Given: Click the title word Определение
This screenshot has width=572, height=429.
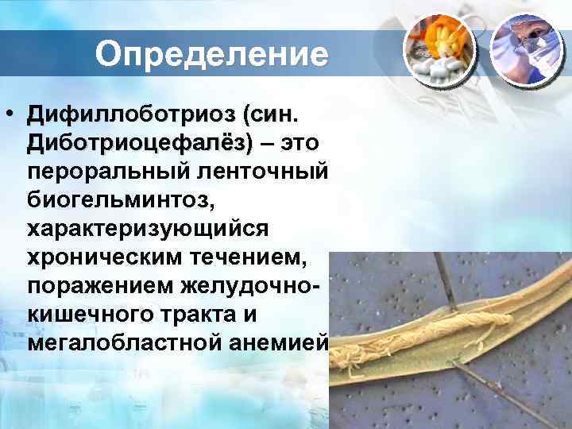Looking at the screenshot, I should pyautogui.click(x=211, y=55).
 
